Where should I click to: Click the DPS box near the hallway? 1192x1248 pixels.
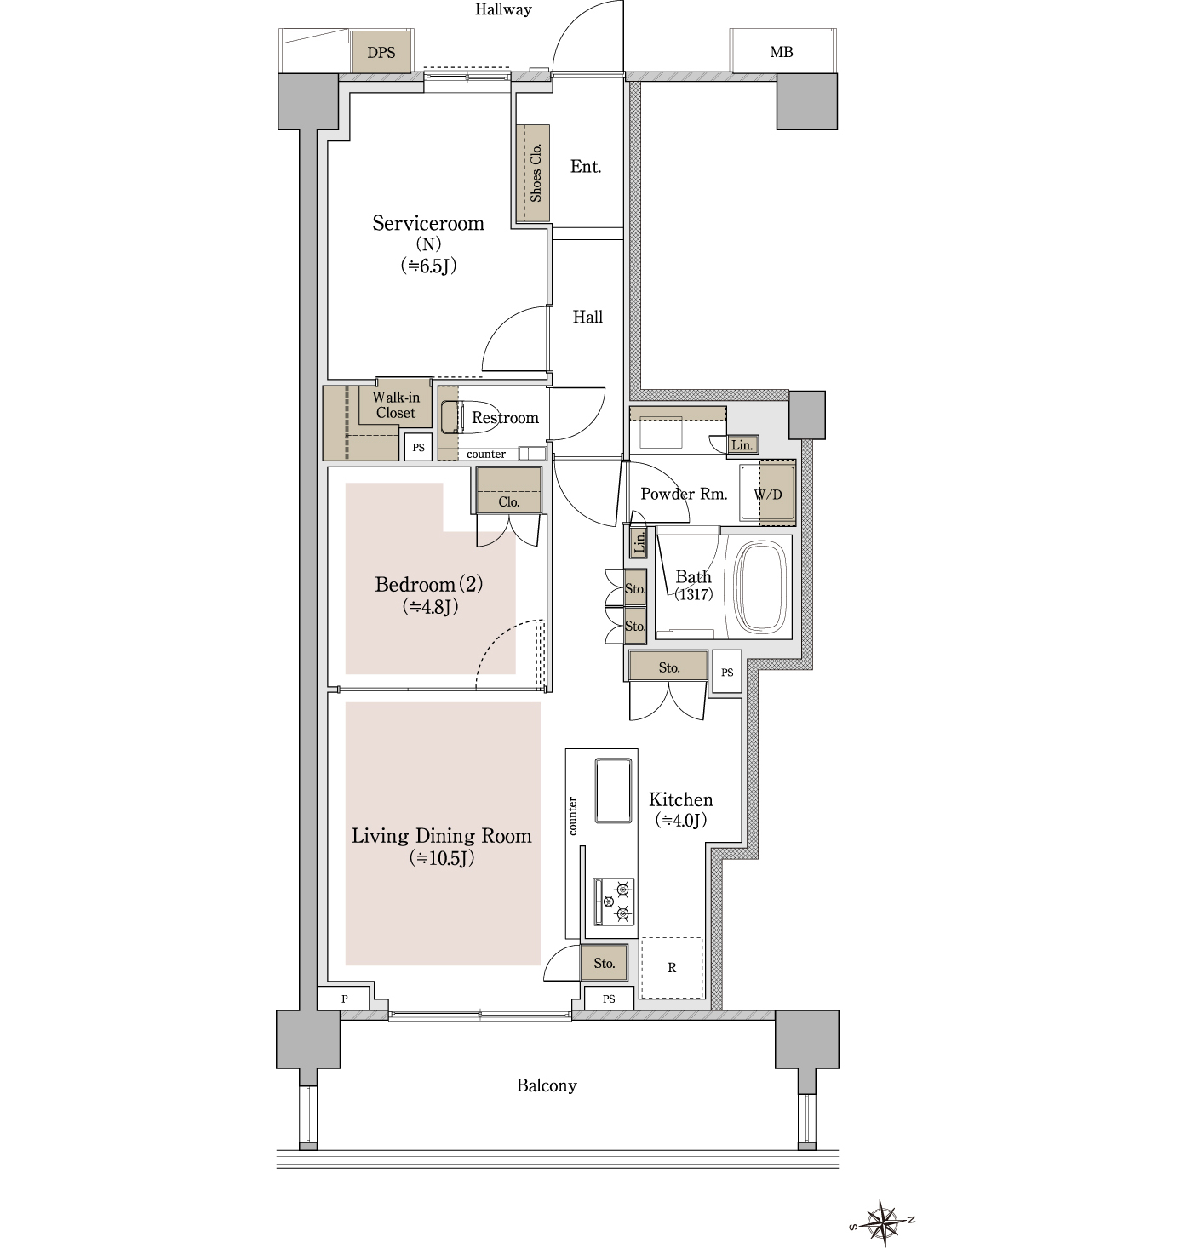point(381,52)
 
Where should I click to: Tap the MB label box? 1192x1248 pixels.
point(781,52)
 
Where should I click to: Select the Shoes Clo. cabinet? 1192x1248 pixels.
point(533,173)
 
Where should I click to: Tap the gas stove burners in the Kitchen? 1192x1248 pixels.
point(614,902)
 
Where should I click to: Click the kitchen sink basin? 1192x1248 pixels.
point(613,790)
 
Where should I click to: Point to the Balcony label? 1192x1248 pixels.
point(547,1085)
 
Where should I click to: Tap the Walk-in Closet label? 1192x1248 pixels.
point(396,404)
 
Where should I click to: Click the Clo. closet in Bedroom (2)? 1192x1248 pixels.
point(509,490)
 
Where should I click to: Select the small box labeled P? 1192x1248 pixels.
point(344,999)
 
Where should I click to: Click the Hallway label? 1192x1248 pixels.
point(503,9)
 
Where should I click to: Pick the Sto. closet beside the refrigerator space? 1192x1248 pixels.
point(604,963)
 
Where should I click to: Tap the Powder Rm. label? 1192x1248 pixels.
point(684,494)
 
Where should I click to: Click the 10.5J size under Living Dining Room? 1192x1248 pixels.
point(442,858)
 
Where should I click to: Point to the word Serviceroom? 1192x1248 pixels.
point(428,223)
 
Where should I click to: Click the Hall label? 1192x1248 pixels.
point(587,317)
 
